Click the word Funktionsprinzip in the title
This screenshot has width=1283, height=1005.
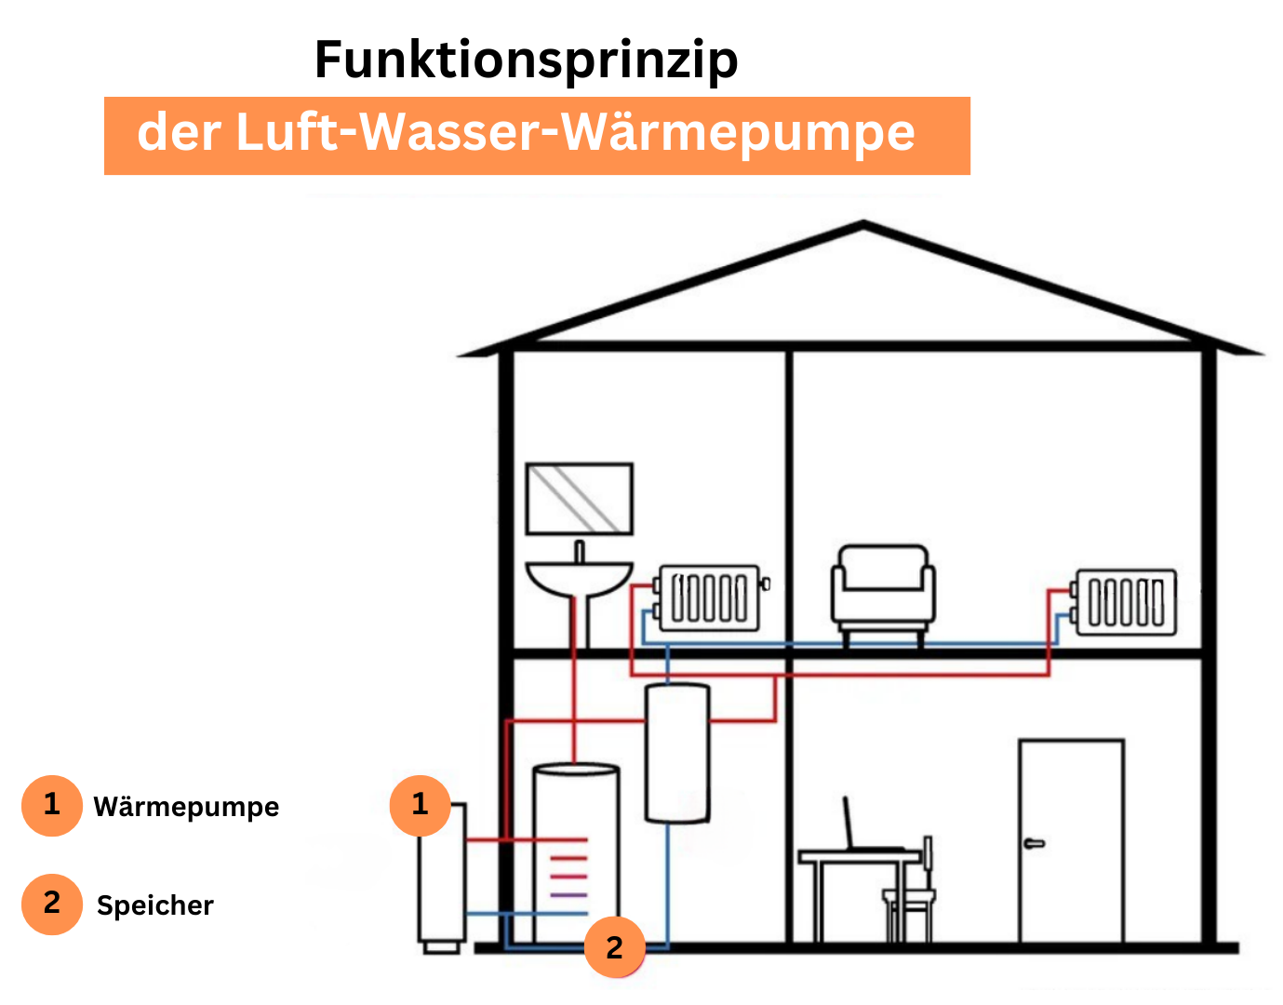pyautogui.click(x=526, y=60)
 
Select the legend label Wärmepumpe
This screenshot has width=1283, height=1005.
pyautogui.click(x=186, y=807)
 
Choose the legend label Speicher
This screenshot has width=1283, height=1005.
pyautogui.click(x=155, y=905)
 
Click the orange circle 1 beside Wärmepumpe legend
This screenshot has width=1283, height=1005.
pyautogui.click(x=52, y=805)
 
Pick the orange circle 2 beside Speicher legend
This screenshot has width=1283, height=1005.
pyautogui.click(x=52, y=904)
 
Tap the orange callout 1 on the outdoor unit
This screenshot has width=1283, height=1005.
pyautogui.click(x=420, y=805)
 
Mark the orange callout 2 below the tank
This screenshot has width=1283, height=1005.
pyautogui.click(x=614, y=947)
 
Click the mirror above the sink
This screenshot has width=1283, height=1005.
pyautogui.click(x=580, y=499)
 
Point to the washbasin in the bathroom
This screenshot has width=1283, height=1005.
pyautogui.click(x=579, y=577)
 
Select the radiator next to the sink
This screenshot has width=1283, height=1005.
pyautogui.click(x=710, y=597)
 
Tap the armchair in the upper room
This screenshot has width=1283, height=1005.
pyautogui.click(x=883, y=591)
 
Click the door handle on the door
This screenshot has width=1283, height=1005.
pyautogui.click(x=1034, y=844)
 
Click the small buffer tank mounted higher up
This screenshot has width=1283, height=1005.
pyautogui.click(x=678, y=754)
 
